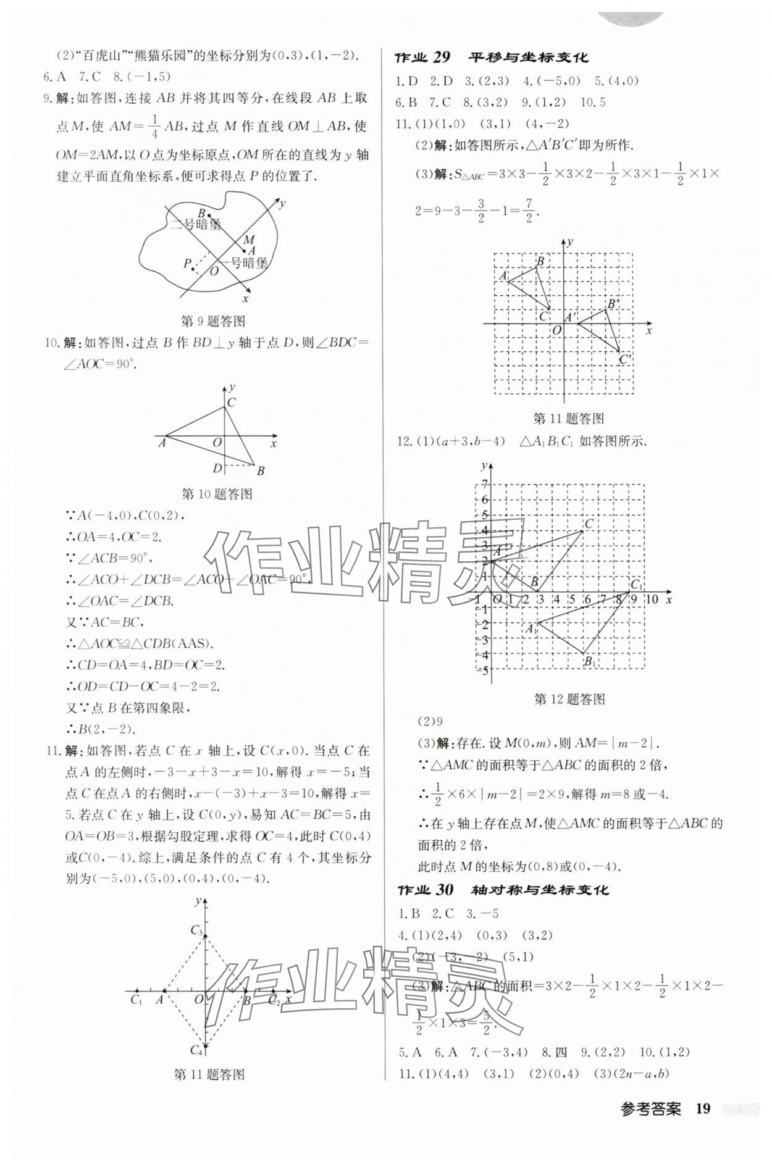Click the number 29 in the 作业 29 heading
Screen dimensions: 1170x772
tap(441, 57)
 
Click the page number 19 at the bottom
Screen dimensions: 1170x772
tap(702, 1109)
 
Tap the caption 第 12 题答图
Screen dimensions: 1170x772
tap(569, 699)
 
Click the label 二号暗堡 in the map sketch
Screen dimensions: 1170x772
tap(195, 224)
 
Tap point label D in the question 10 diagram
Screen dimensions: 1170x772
tap(217, 469)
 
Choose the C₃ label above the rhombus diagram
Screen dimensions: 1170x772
tap(196, 930)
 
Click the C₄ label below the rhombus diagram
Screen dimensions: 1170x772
tap(196, 1050)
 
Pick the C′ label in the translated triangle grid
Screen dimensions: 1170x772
tap(625, 359)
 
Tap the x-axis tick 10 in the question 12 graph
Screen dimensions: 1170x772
tap(652, 599)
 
